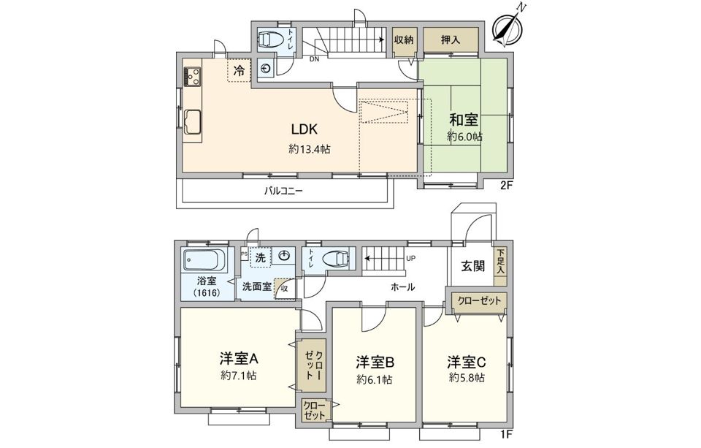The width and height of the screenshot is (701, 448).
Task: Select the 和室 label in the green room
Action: [x=464, y=120]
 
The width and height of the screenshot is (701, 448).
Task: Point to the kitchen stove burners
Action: [x=192, y=75]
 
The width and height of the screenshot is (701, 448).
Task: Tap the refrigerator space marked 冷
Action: [x=240, y=70]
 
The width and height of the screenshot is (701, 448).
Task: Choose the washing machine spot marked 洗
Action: [x=261, y=257]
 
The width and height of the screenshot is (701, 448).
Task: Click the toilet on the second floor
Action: [x=272, y=39]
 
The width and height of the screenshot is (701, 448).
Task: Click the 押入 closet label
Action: [x=451, y=40]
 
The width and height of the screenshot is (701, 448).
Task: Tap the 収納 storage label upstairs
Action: [x=404, y=40]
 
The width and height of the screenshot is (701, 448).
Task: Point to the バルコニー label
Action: [x=283, y=191]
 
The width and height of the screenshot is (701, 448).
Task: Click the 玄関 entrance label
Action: [x=472, y=266]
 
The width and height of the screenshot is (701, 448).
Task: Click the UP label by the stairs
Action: [x=410, y=258]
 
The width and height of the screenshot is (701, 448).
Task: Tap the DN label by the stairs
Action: [x=315, y=58]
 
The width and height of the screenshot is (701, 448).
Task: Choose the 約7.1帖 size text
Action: [x=239, y=376]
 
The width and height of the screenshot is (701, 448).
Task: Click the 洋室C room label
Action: [x=467, y=361]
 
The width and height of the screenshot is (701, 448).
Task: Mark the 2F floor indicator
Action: [x=505, y=186]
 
